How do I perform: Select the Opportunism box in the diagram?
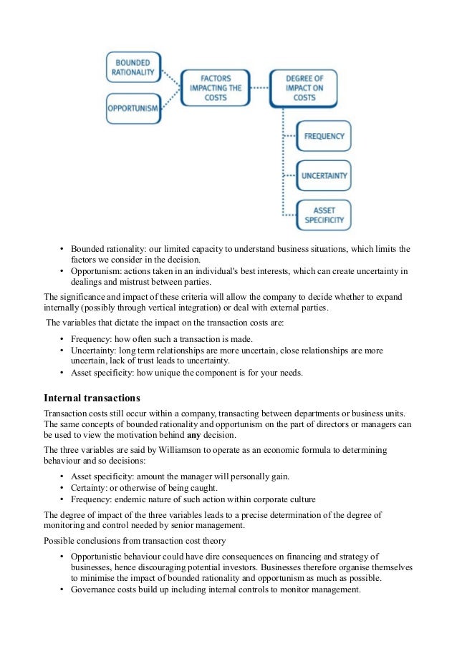(133, 110)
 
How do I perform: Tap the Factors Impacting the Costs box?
(215, 88)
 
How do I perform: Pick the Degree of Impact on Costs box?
(304, 88)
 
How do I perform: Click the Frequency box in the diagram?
(324, 136)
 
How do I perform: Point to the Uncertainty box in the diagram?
(324, 175)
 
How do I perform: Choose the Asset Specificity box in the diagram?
(324, 216)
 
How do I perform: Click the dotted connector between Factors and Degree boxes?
(259, 88)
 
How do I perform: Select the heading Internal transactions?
(92, 397)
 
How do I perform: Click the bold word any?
(193, 435)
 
